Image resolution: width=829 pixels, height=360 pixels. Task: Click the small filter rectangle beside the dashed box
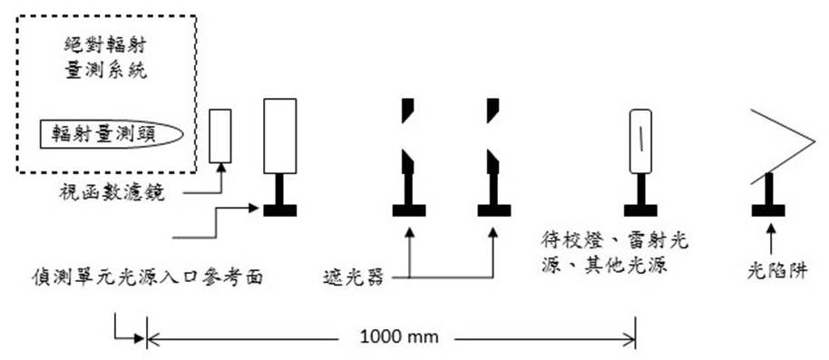(x=219, y=136)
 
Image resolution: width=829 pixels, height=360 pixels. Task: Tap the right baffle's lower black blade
(x=493, y=163)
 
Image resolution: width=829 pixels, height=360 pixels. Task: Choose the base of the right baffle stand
(x=494, y=210)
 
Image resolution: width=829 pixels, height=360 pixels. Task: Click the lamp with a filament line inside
(x=642, y=141)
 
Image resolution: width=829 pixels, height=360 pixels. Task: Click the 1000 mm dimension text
(x=399, y=337)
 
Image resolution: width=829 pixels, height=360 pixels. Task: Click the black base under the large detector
(x=279, y=210)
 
